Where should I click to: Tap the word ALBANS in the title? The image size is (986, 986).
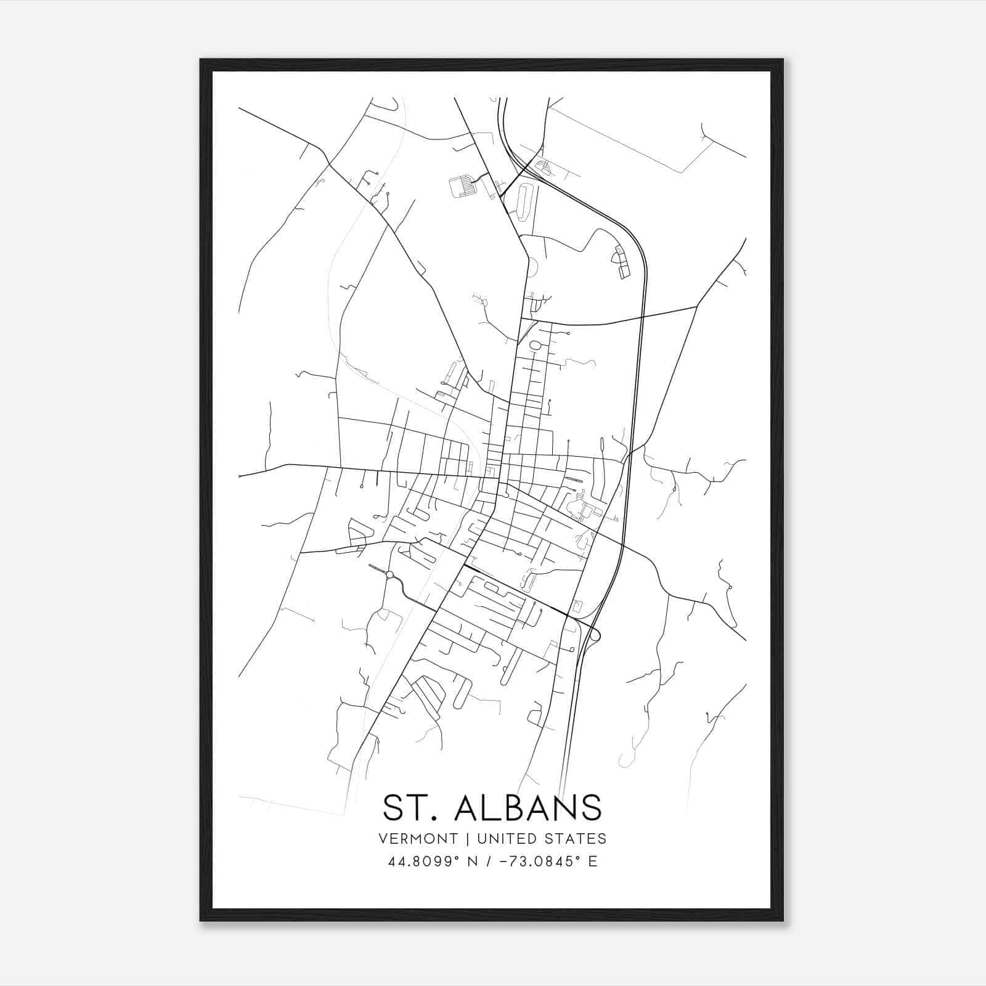coord(528,807)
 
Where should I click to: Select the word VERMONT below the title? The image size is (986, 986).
coord(418,839)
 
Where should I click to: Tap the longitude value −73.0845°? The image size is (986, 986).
coord(534,862)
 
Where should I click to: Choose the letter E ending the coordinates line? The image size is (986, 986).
coord(593,862)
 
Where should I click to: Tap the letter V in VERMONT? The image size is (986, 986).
coord(384,839)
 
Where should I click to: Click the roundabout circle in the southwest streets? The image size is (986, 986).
coord(389,575)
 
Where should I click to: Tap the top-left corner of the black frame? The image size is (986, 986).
coord(202,60)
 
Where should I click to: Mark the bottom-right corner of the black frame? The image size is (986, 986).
coord(782,920)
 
